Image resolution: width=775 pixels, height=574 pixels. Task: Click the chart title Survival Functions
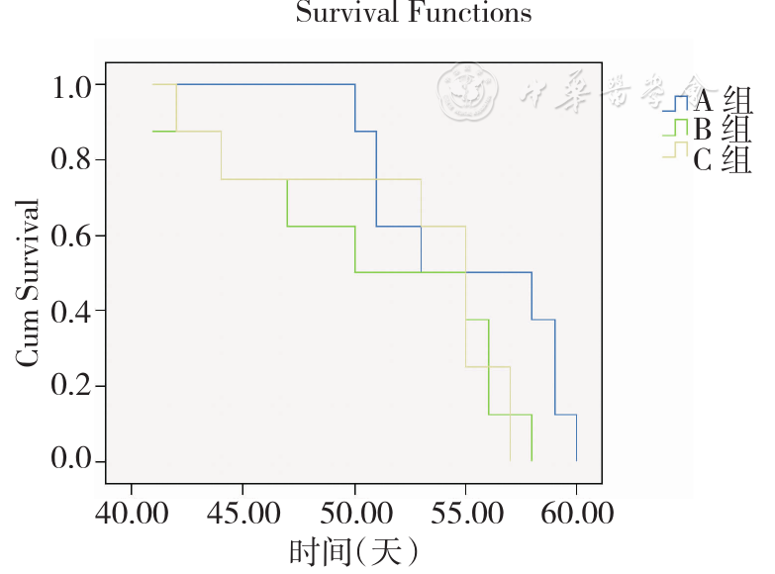pos(413,13)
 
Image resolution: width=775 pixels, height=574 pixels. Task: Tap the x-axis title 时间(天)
pos(353,550)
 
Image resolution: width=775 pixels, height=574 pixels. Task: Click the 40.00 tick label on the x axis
pos(132,515)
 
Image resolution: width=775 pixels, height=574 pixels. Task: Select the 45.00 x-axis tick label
pos(242,515)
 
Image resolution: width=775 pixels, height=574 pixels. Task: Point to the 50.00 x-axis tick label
pos(354,515)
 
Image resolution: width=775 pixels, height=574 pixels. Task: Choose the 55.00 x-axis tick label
pos(465,515)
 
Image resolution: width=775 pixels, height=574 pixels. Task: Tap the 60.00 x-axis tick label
pos(576,515)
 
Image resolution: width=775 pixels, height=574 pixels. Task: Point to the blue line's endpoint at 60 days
pos(576,460)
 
